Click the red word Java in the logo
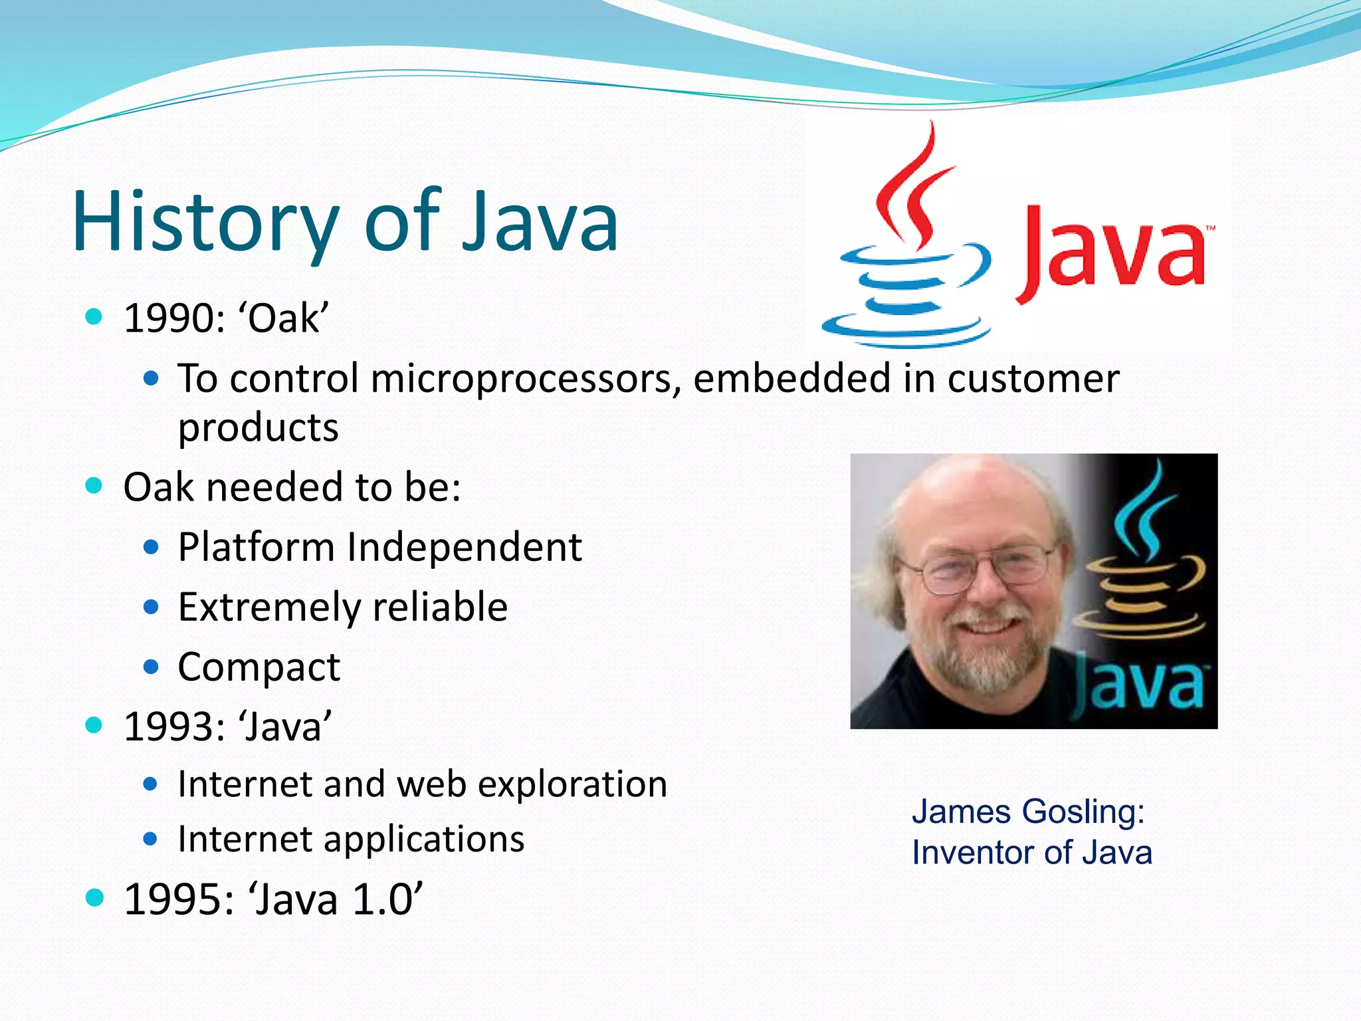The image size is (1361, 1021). pyautogui.click(x=1113, y=253)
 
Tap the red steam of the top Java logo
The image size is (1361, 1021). pyautogui.click(x=914, y=186)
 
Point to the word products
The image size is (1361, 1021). pyautogui.click(x=258, y=427)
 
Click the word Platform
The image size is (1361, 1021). pyautogui.click(x=256, y=548)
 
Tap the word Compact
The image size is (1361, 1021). pyautogui.click(x=259, y=667)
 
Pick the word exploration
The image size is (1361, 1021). pyautogui.click(x=572, y=784)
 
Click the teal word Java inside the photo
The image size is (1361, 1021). pyautogui.click(x=1140, y=685)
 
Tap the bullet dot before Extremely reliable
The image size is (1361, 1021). pyautogui.click(x=152, y=607)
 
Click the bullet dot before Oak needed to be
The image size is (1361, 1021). pyautogui.click(x=94, y=486)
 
